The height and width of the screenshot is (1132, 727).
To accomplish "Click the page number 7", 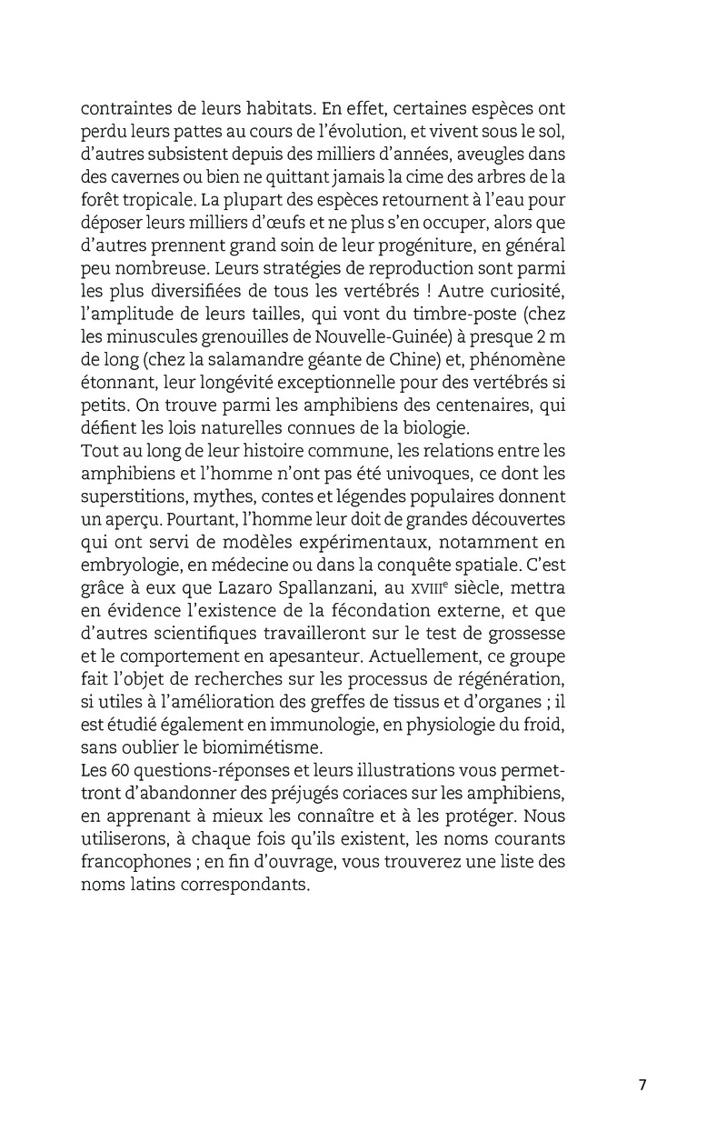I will point(642,1085).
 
